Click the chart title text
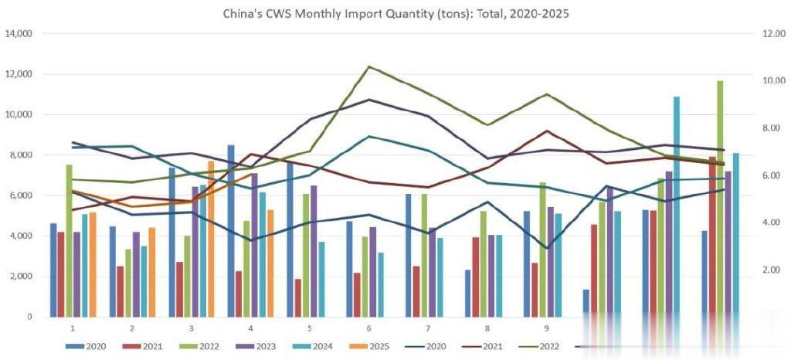[395, 14]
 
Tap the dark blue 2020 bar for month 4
[231, 231]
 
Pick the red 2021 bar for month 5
[298, 297]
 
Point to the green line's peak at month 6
[369, 67]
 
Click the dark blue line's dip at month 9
[547, 248]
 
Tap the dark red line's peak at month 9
[547, 131]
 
